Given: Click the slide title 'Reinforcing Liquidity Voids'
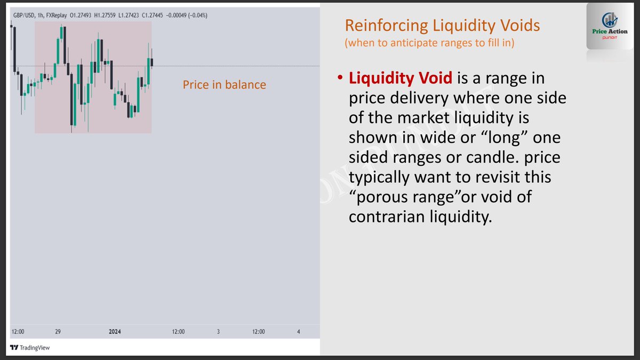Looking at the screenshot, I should pyautogui.click(x=442, y=25).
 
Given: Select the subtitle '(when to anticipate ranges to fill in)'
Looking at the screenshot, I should pyautogui.click(x=429, y=43).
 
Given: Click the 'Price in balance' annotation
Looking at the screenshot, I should pyautogui.click(x=224, y=85).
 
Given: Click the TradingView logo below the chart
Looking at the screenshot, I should pyautogui.click(x=30, y=348).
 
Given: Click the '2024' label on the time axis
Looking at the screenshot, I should pyautogui.click(x=115, y=332).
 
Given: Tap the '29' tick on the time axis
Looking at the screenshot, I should pyautogui.click(x=58, y=332).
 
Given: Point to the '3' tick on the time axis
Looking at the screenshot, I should pyautogui.click(x=218, y=332).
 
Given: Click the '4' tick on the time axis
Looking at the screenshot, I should pyautogui.click(x=298, y=332).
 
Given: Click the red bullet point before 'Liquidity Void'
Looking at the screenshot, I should pyautogui.click(x=339, y=79).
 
